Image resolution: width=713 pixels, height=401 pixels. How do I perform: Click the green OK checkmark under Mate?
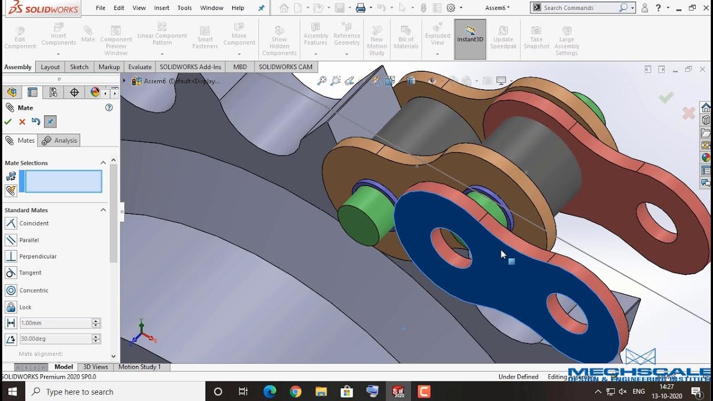tap(8, 122)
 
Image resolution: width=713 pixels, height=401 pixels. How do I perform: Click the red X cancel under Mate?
tap(22, 122)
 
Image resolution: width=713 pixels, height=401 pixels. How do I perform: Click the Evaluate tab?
tap(140, 67)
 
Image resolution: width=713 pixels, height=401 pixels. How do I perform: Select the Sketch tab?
tap(79, 67)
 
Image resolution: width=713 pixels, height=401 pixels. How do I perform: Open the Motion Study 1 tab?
tap(139, 366)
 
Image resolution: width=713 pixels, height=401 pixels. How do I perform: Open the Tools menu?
tap(184, 8)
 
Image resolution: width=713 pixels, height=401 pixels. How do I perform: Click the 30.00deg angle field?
tap(55, 339)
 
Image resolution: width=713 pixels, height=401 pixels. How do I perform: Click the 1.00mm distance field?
tap(55, 323)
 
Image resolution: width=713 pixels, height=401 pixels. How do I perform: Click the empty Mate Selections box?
tap(64, 182)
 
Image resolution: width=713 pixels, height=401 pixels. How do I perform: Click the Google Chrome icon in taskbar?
tap(295, 392)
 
